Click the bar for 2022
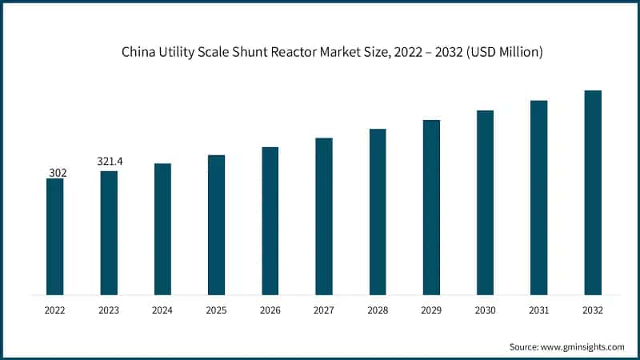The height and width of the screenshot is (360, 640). [x=54, y=236]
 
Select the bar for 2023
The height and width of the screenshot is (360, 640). [x=109, y=232]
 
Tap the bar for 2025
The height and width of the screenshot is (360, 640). [x=216, y=224]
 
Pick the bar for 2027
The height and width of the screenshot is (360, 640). [x=323, y=216]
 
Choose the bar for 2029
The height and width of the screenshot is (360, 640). [x=431, y=207]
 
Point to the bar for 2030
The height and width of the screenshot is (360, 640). [x=485, y=202]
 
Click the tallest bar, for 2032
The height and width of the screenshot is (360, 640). [x=592, y=192]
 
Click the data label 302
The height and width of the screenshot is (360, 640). [x=54, y=171]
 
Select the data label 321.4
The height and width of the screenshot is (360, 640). [x=109, y=162]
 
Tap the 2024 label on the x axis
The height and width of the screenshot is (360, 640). [x=162, y=310]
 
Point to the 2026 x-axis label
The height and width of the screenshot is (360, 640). [x=270, y=310]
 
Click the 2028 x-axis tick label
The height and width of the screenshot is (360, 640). [x=378, y=310]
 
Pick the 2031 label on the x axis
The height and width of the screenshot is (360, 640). [x=538, y=310]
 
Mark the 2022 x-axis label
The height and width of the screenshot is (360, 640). [x=54, y=310]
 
